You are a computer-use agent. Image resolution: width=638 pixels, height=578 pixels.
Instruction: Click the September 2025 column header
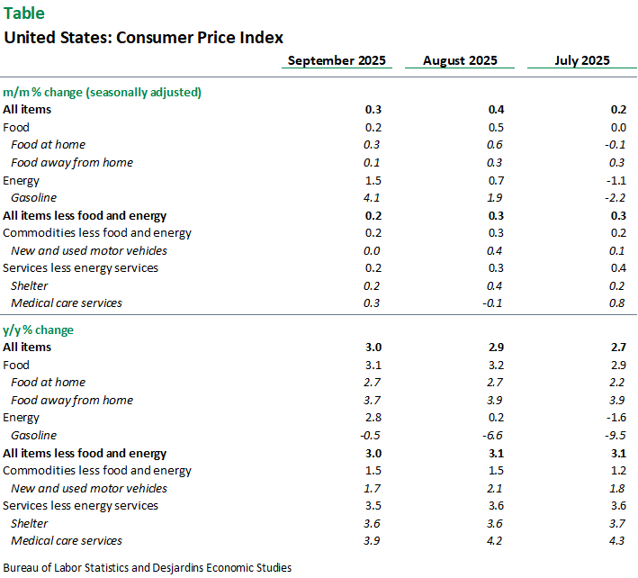pyautogui.click(x=336, y=61)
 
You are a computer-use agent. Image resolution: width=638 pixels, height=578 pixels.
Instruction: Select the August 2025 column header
pyautogui.click(x=459, y=61)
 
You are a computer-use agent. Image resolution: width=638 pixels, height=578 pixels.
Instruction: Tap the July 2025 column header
pyautogui.click(x=581, y=61)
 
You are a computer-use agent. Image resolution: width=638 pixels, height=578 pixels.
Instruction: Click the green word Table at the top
pyautogui.click(x=23, y=14)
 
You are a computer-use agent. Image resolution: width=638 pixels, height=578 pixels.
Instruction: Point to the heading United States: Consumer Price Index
pyautogui.click(x=144, y=38)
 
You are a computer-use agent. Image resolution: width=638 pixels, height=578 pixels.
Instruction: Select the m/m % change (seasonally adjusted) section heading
pyautogui.click(x=102, y=92)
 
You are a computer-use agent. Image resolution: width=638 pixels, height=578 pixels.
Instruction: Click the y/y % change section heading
pyautogui.click(x=39, y=330)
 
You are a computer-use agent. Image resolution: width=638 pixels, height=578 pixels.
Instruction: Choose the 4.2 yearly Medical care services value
pyautogui.click(x=495, y=540)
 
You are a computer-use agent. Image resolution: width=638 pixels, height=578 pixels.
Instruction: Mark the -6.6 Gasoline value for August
pyautogui.click(x=493, y=435)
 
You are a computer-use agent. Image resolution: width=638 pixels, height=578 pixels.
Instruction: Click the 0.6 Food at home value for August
pyautogui.click(x=495, y=144)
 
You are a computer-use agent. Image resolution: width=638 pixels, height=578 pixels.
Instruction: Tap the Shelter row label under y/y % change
pyautogui.click(x=29, y=523)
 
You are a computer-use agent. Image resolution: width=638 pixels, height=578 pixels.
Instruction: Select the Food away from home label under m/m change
pyautogui.click(x=71, y=162)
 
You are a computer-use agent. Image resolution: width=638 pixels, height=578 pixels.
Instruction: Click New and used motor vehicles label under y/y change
pyautogui.click(x=88, y=488)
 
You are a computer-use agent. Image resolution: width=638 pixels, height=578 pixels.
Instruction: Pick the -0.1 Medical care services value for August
pyautogui.click(x=493, y=303)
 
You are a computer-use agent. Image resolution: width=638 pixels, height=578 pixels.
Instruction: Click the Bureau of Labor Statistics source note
pyautogui.click(x=148, y=567)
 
